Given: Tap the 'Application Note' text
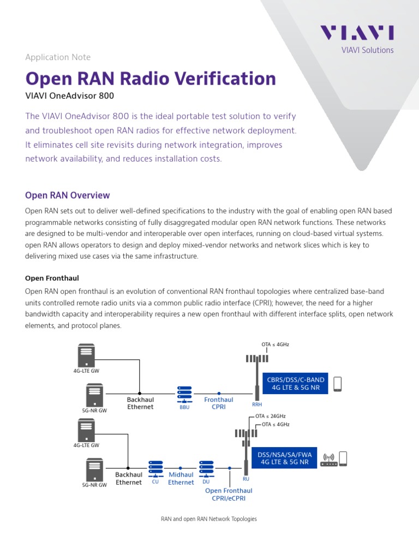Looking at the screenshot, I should pyautogui.click(x=58, y=57).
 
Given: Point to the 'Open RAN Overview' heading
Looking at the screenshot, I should pyautogui.click(x=68, y=195).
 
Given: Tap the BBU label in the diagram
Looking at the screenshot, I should pyautogui.click(x=184, y=407).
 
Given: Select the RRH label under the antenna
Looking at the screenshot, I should pyautogui.click(x=257, y=405).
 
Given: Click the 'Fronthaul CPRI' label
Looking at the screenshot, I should pyautogui.click(x=218, y=403).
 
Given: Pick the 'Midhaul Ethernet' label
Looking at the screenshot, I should pyautogui.click(x=181, y=479).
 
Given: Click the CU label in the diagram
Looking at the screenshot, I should pyautogui.click(x=155, y=481).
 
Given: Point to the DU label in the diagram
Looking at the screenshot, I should pyautogui.click(x=206, y=481).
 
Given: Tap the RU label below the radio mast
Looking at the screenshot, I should pyautogui.click(x=246, y=479).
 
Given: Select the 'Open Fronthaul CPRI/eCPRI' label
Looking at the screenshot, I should pyautogui.click(x=229, y=495).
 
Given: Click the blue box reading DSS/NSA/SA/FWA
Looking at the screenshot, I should pyautogui.click(x=285, y=457).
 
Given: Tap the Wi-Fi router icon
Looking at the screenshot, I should pyautogui.click(x=328, y=460).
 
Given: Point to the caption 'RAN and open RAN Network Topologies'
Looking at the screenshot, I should pyautogui.click(x=209, y=519).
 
